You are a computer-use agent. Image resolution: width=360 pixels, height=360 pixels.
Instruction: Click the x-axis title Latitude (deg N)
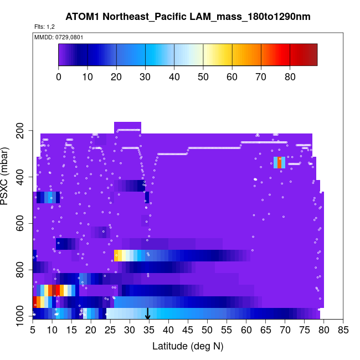point(188,346)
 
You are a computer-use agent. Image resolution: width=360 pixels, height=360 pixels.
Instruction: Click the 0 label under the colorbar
point(59,76)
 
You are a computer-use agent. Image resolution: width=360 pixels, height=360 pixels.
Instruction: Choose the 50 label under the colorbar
point(203,76)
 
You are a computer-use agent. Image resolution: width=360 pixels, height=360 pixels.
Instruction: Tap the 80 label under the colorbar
point(290,76)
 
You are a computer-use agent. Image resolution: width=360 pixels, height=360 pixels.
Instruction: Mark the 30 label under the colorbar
point(145,76)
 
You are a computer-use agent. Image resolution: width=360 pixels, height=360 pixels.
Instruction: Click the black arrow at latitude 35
point(148,315)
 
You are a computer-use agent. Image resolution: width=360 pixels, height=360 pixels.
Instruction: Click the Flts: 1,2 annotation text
point(44,27)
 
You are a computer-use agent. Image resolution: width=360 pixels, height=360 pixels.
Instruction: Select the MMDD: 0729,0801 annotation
point(55,37)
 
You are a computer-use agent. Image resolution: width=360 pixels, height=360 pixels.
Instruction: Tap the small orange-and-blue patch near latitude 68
point(280,162)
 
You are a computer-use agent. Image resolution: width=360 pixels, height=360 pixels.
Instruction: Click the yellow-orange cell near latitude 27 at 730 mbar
point(118,255)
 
